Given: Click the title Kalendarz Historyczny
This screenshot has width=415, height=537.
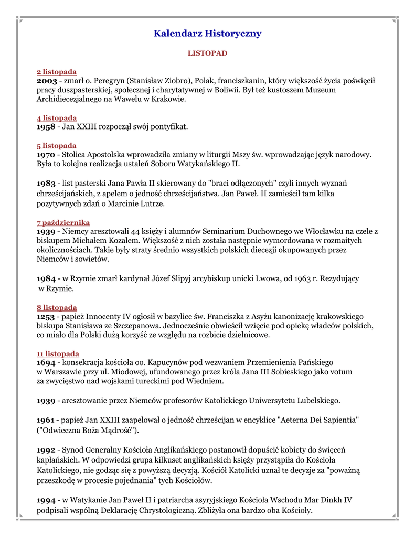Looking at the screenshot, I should [207, 34].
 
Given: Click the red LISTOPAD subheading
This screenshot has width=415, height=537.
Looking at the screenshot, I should [207, 53].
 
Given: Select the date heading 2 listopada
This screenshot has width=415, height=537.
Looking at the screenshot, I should [57, 72].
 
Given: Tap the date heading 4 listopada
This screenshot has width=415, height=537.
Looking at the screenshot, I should [57, 118].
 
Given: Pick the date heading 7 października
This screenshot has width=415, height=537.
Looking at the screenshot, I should [63, 223].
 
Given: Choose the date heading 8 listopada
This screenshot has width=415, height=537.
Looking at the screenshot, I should [57, 308].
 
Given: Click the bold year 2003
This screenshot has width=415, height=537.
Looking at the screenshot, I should [47, 81].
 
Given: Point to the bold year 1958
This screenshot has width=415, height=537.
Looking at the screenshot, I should [47, 127].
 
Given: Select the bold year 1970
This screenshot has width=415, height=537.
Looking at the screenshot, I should [47, 155].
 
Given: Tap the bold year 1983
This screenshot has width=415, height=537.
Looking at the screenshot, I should [47, 184].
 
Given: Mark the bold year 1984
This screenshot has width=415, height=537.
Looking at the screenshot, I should [47, 278].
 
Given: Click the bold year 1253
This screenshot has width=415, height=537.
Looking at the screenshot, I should [47, 317].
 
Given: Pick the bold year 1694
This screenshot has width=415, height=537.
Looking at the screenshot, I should [47, 362].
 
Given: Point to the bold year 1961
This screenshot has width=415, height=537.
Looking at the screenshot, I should [47, 421].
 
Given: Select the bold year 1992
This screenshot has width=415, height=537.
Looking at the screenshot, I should [47, 450].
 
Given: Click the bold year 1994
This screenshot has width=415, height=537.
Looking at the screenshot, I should [47, 500].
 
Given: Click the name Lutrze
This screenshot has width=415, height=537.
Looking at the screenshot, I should [151, 203].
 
